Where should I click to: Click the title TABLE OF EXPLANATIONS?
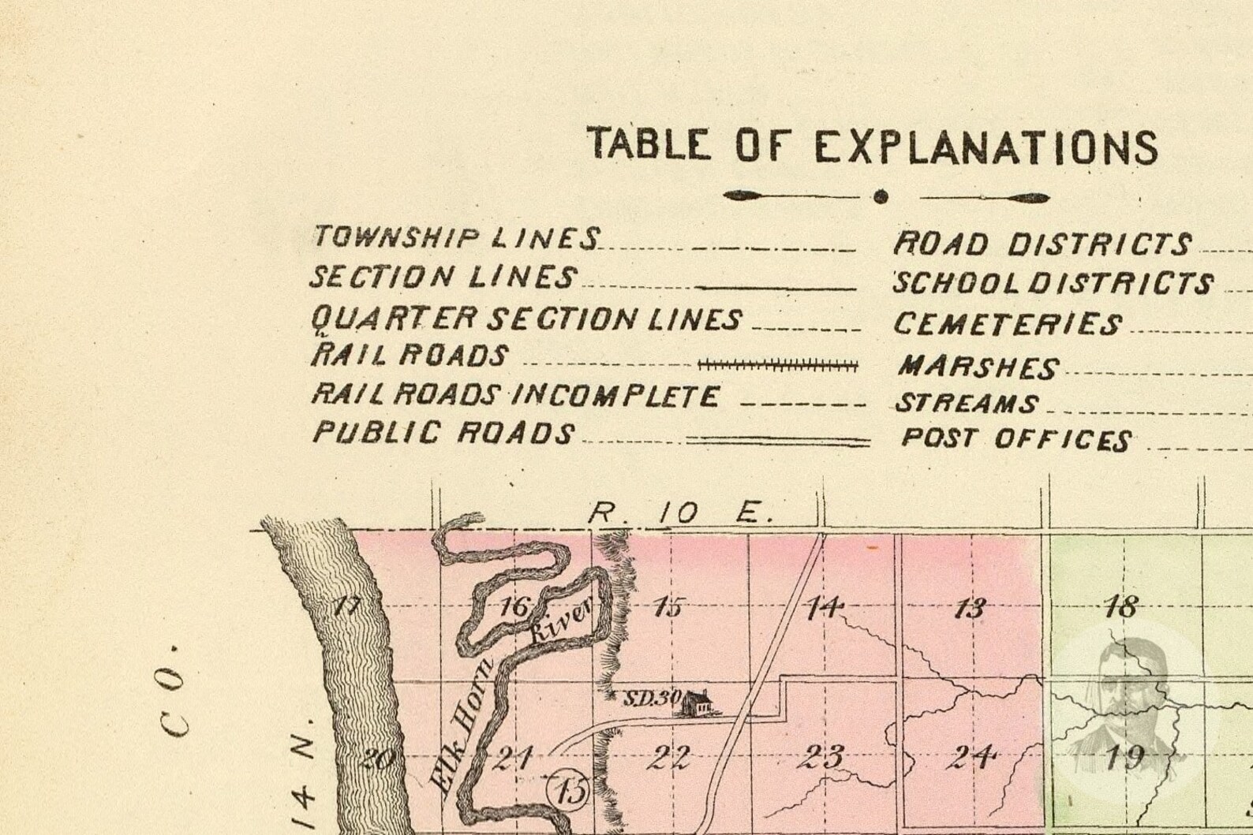pyautogui.click(x=872, y=146)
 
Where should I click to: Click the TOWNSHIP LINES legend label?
pyautogui.click(x=456, y=237)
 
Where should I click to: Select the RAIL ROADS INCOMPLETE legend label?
pyautogui.click(x=514, y=395)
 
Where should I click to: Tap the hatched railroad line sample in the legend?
pyautogui.click(x=778, y=365)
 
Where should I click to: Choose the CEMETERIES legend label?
pyautogui.click(x=1007, y=324)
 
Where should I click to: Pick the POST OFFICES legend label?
pyautogui.click(x=1016, y=439)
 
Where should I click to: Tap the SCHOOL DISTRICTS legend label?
pyautogui.click(x=1053, y=283)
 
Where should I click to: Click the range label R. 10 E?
pyautogui.click(x=680, y=514)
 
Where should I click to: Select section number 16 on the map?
pyautogui.click(x=514, y=607)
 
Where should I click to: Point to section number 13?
pyautogui.click(x=970, y=608)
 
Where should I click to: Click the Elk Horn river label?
pyautogui.click(x=466, y=721)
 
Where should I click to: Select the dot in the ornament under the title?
pyautogui.click(x=881, y=196)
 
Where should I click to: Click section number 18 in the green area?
pyautogui.click(x=1120, y=606)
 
